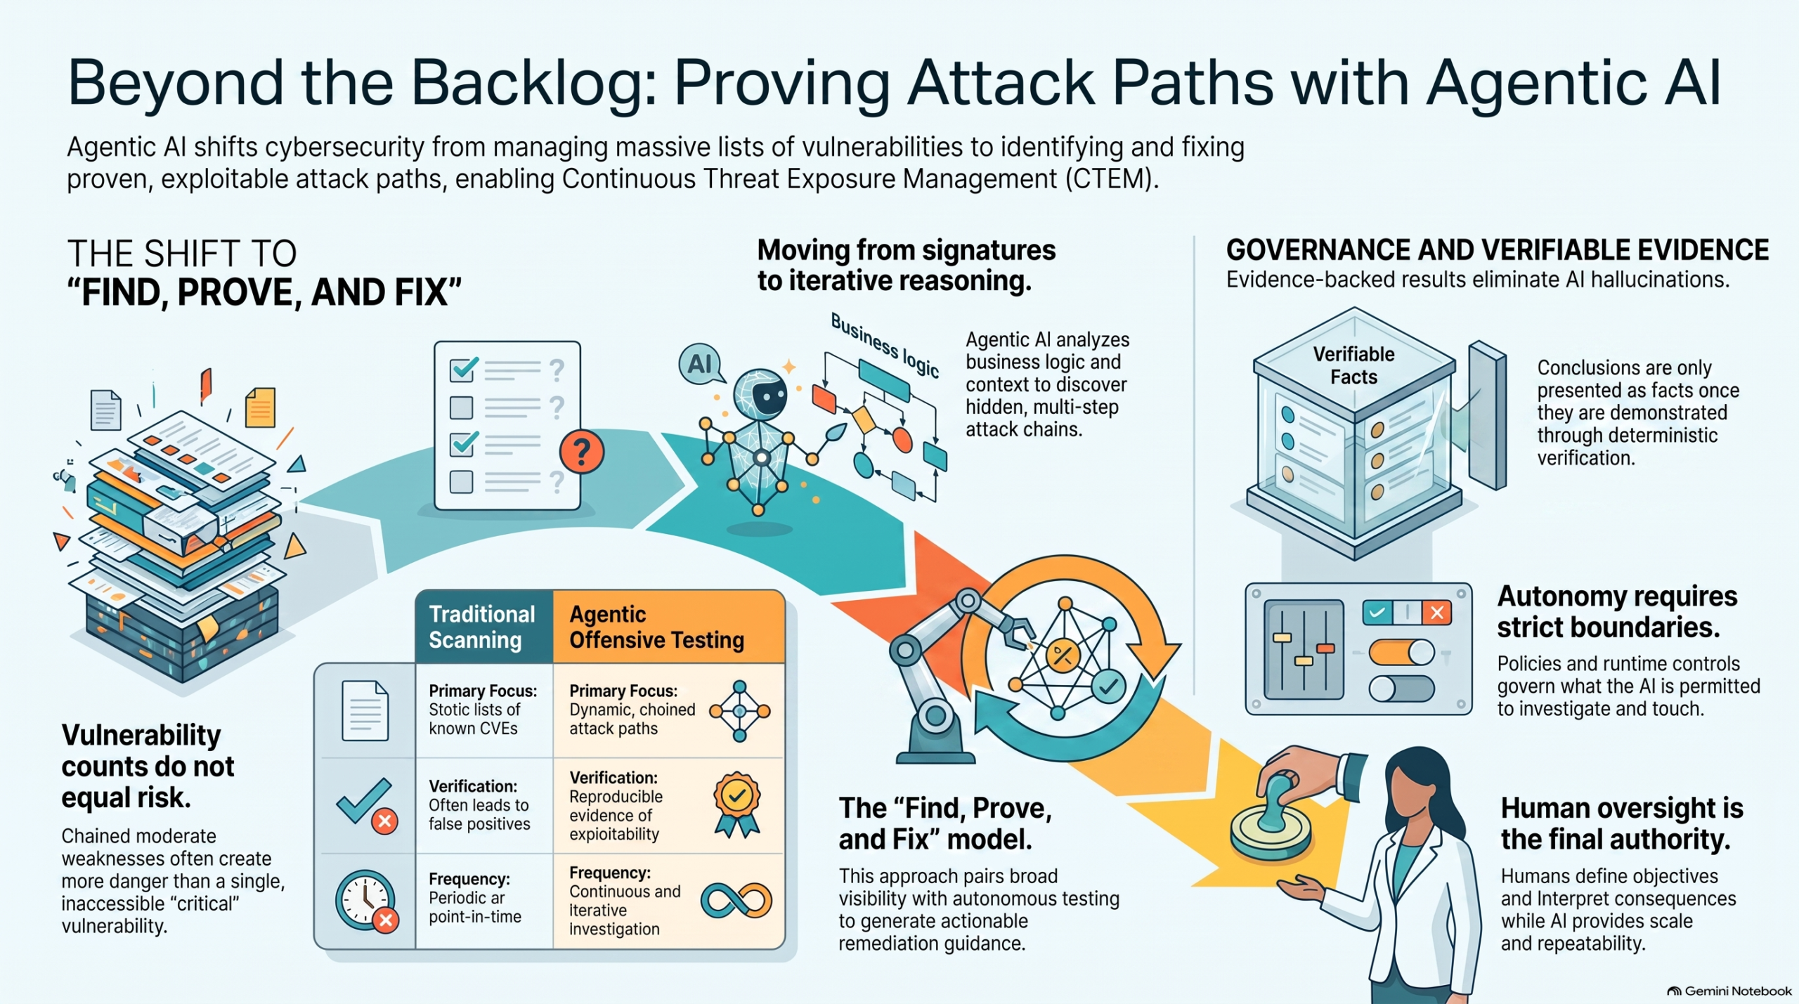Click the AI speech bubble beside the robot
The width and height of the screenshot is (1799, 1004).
pyautogui.click(x=701, y=365)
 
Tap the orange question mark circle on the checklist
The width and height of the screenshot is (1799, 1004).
pyautogui.click(x=581, y=452)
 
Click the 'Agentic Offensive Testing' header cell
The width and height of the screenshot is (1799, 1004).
pyautogui.click(x=668, y=627)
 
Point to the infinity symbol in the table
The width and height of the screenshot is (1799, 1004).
pyautogui.click(x=736, y=900)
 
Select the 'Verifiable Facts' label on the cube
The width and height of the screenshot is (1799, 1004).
pyautogui.click(x=1353, y=365)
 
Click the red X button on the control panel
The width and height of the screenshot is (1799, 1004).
pyautogui.click(x=1437, y=613)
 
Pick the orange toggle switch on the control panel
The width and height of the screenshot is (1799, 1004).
pyautogui.click(x=1401, y=652)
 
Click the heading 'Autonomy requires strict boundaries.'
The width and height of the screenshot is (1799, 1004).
pyautogui.click(x=1617, y=611)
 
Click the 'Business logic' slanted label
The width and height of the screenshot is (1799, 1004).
pyautogui.click(x=885, y=345)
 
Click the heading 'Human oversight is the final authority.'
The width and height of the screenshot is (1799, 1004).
pyautogui.click(x=1622, y=823)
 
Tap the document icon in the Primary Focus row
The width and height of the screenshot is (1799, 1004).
pyautogui.click(x=365, y=711)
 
